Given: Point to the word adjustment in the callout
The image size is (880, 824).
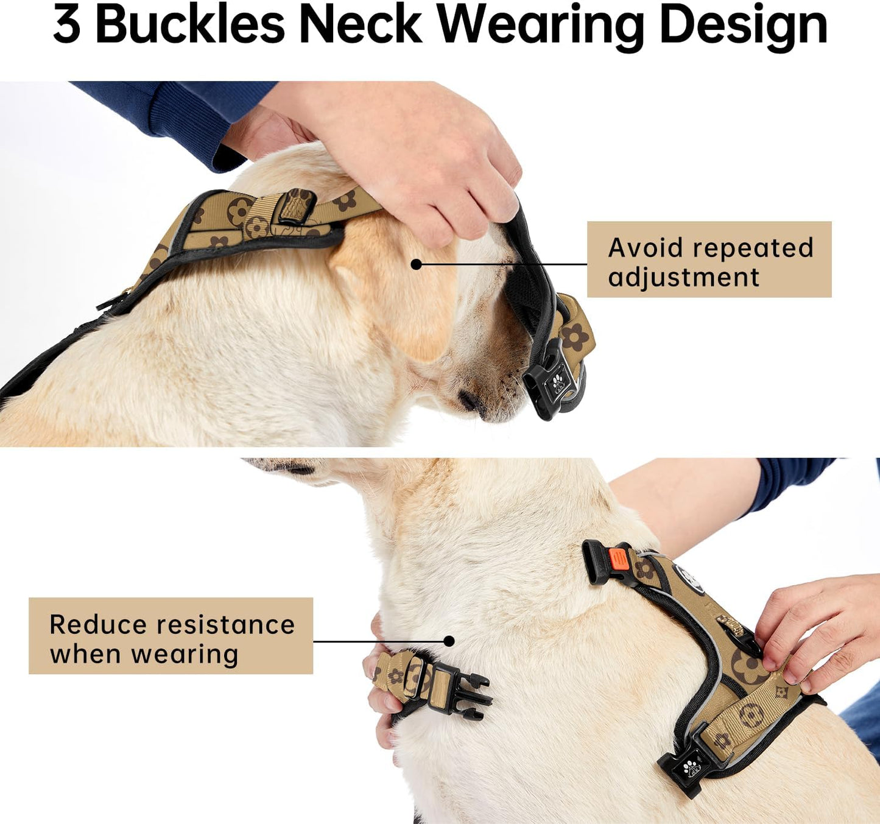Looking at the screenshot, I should (683, 278).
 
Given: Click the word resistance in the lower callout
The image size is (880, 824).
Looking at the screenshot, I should (225, 625).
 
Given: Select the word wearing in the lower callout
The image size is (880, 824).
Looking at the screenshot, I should (185, 655).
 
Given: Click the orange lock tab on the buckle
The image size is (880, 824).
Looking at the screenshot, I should (617, 558).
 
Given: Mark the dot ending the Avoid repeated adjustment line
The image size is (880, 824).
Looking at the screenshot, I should (416, 264).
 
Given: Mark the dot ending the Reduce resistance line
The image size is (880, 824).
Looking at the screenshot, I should (449, 641).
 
